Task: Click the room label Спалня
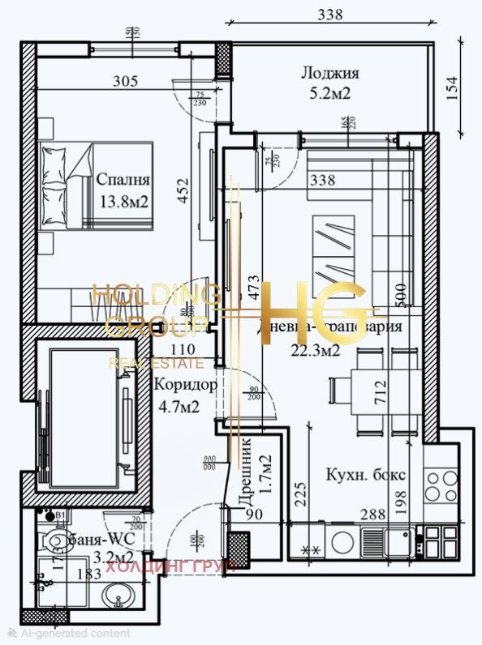point(122,179)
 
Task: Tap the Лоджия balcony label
point(329,73)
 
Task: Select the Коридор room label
point(186,386)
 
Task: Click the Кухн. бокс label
point(364,475)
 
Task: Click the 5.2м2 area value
point(329,94)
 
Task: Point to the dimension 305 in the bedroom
point(125,81)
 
